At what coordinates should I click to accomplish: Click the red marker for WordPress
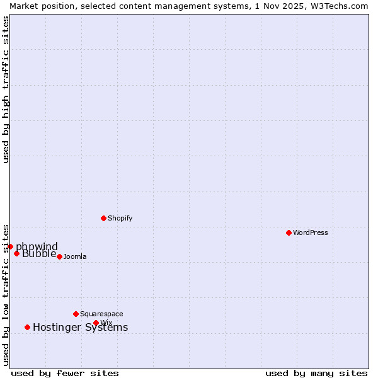click(x=289, y=232)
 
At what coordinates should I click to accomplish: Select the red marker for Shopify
click(x=103, y=218)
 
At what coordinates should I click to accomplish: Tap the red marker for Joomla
click(x=59, y=256)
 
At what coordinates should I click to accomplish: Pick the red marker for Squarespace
click(x=76, y=314)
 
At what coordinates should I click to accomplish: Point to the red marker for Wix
click(x=96, y=323)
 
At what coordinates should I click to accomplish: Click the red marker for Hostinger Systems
click(x=27, y=327)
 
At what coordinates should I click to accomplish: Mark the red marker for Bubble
click(x=16, y=253)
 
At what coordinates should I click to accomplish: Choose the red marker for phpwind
click(x=10, y=246)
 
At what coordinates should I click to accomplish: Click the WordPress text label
click(x=311, y=232)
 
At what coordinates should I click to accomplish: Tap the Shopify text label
click(x=120, y=218)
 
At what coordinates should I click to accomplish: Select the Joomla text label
click(x=75, y=256)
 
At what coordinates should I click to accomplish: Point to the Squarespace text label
click(x=101, y=314)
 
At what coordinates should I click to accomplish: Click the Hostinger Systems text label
click(x=80, y=327)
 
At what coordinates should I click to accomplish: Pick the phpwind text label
click(x=37, y=246)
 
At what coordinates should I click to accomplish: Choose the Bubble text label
click(x=39, y=254)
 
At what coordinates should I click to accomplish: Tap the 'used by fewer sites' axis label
click(x=65, y=373)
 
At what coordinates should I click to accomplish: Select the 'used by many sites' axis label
click(x=316, y=373)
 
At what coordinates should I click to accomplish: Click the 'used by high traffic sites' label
click(x=6, y=89)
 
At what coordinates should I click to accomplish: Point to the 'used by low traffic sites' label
click(x=6, y=294)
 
